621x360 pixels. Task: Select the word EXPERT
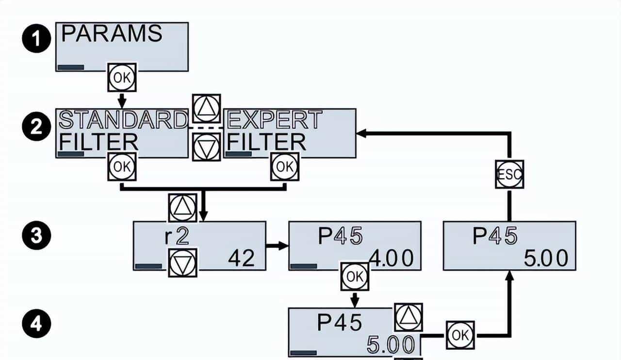tap(275, 119)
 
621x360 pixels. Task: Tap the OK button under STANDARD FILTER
tap(122, 167)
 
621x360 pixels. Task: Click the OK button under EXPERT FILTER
tap(285, 167)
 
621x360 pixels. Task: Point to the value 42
tap(241, 259)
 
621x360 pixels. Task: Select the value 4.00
tap(392, 258)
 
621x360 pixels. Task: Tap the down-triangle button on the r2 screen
tap(182, 262)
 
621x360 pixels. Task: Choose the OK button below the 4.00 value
tap(355, 277)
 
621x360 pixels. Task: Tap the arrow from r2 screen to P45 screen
tap(277, 246)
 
